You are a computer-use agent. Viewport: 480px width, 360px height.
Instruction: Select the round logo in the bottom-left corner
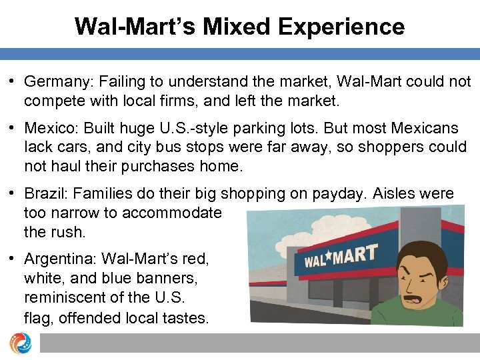[19, 342]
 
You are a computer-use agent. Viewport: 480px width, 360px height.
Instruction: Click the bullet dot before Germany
[13, 82]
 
